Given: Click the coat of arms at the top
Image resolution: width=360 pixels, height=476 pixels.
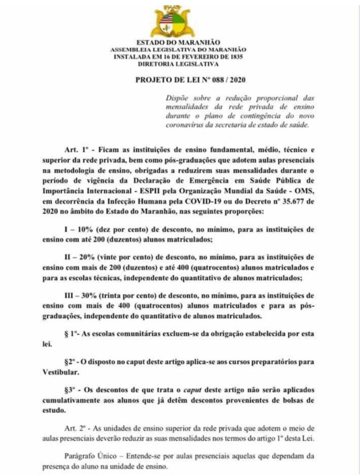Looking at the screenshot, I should click(180, 21).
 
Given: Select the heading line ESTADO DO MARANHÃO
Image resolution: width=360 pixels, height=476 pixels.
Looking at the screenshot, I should click(180, 43).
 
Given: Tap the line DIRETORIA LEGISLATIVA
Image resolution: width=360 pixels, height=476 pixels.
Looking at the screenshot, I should click(180, 64).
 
